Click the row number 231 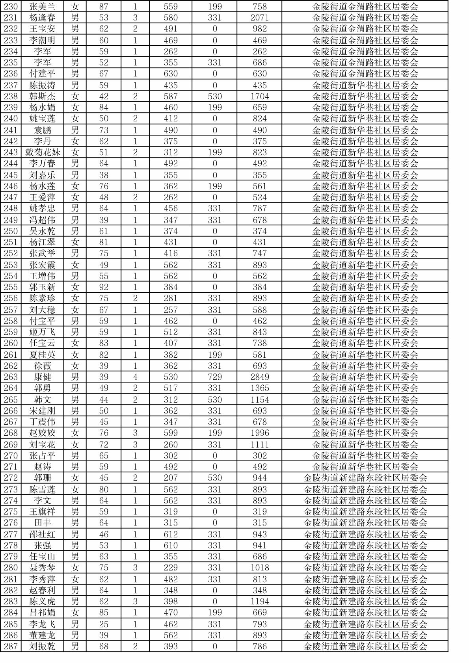(x=11, y=18)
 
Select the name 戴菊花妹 (x=43, y=152)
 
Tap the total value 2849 (x=260, y=377)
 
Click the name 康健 (x=43, y=377)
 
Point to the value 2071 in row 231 (x=260, y=18)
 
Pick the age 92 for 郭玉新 (x=103, y=287)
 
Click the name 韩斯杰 (x=43, y=97)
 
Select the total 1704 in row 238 (x=260, y=97)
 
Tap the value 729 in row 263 (x=215, y=377)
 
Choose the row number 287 (x=11, y=646)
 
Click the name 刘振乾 (x=43, y=646)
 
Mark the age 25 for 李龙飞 (x=103, y=624)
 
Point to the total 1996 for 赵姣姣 (x=260, y=433)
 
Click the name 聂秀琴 (x=43, y=568)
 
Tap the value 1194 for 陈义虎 (x=260, y=602)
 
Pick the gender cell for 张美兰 (x=75, y=7)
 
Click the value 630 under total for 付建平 (x=260, y=74)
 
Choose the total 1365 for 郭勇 (x=260, y=388)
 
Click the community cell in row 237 (x=365, y=85)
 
